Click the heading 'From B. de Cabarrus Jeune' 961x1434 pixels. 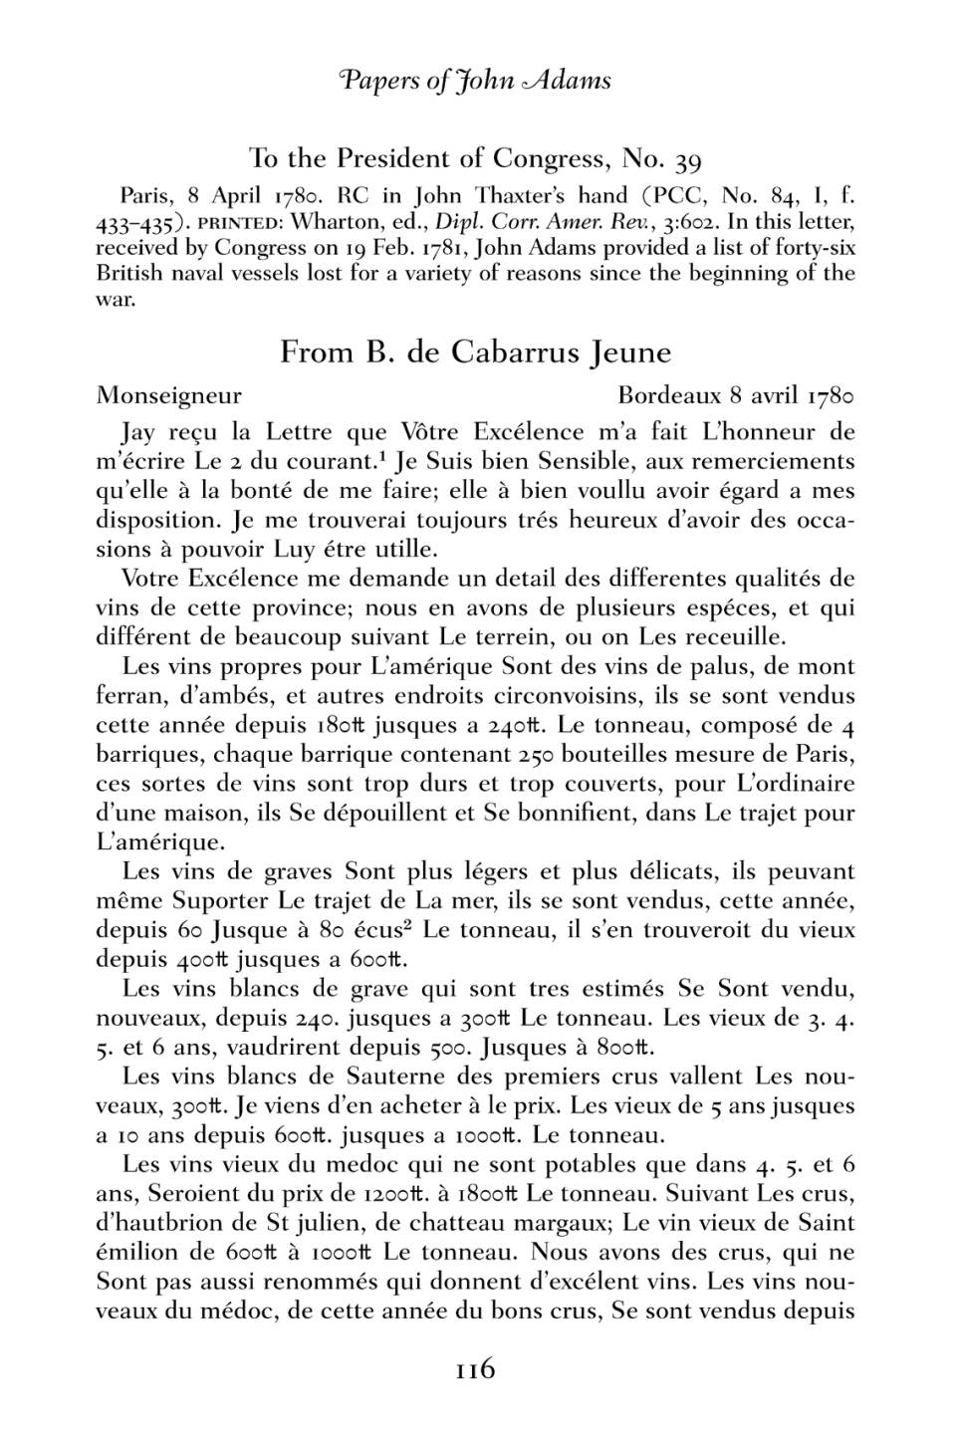click(x=475, y=353)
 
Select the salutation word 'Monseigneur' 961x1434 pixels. click(x=169, y=396)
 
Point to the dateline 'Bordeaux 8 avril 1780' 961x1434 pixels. click(x=736, y=395)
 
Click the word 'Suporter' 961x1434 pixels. click(x=220, y=902)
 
